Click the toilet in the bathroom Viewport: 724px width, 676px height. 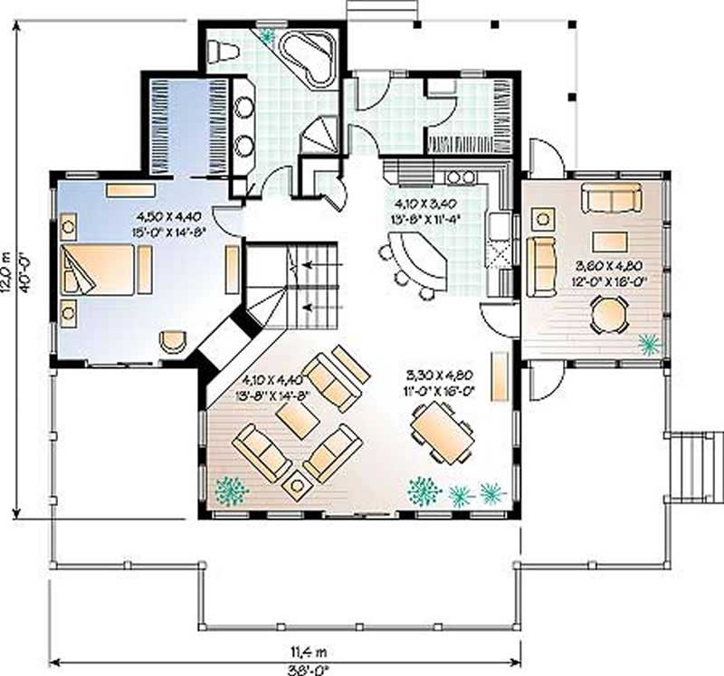[x=221, y=52]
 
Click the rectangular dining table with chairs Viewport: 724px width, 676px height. [x=442, y=432]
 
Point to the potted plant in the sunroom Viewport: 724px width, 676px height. [x=649, y=344]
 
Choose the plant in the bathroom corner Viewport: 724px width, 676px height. [x=267, y=36]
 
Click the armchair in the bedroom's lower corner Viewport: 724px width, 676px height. [x=172, y=341]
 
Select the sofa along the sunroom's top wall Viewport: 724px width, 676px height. [x=611, y=197]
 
